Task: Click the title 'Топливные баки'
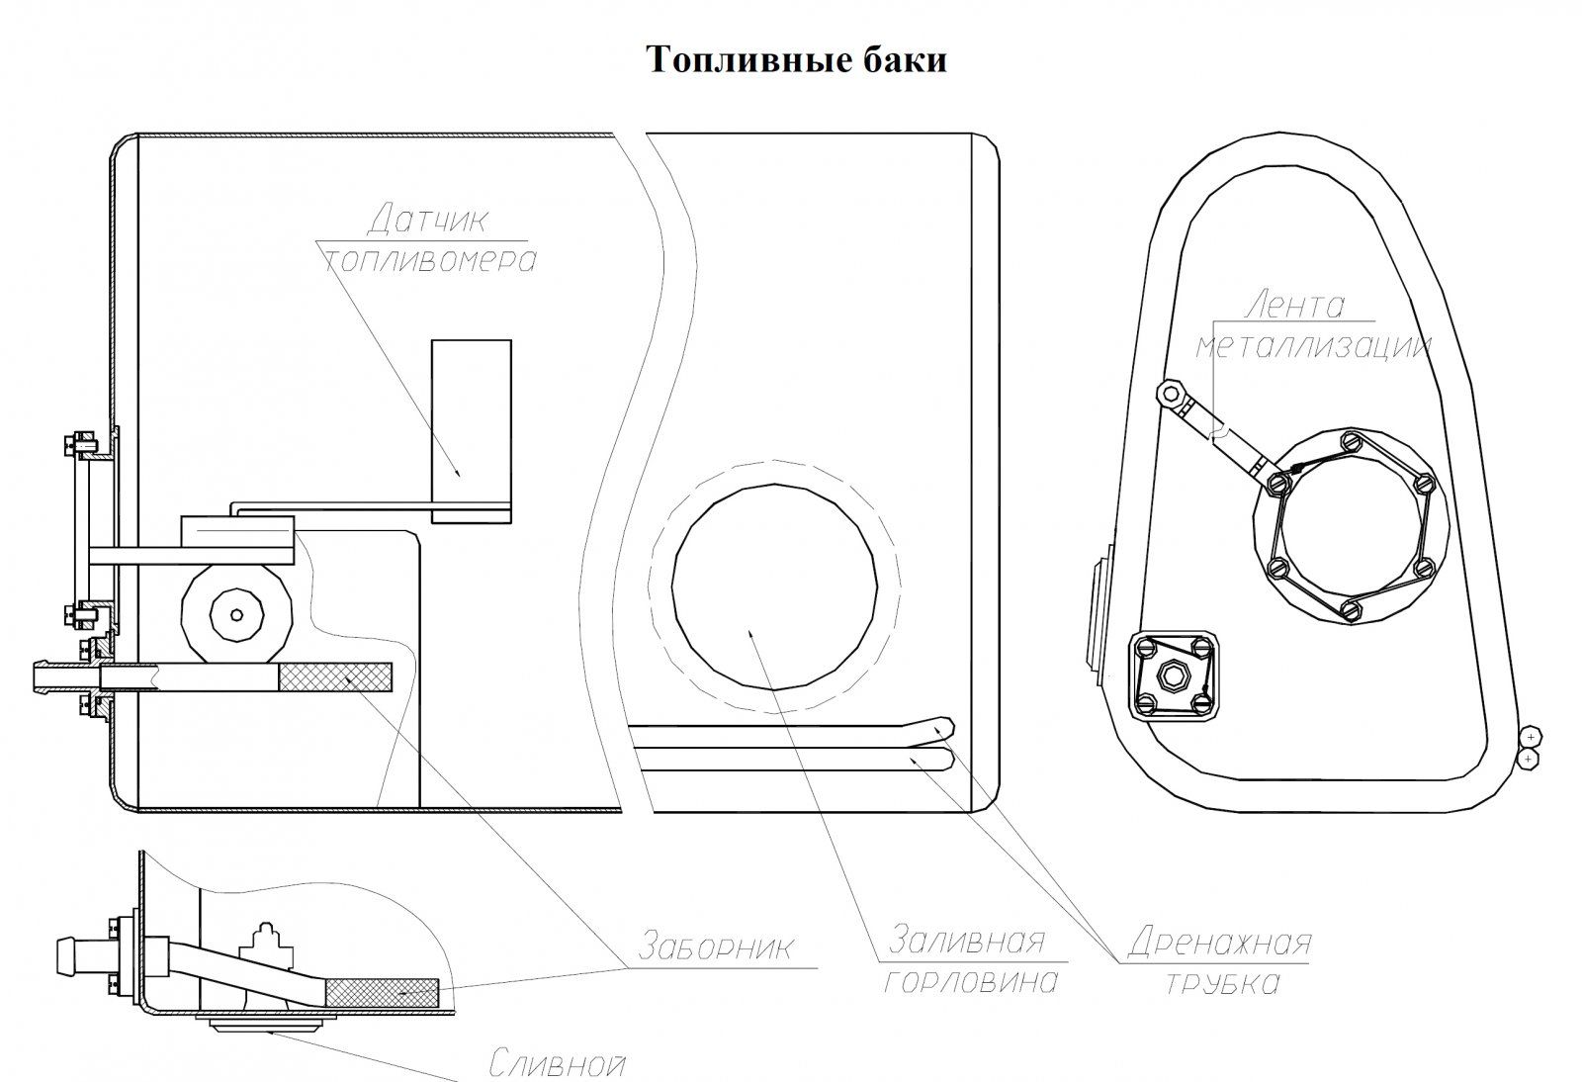pyautogui.click(x=797, y=59)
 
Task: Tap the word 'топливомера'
pyautogui.click(x=431, y=260)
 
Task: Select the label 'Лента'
pyautogui.click(x=1294, y=304)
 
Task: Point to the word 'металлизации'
pyautogui.click(x=1313, y=346)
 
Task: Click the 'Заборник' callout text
pyautogui.click(x=716, y=947)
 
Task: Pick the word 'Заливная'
pyautogui.click(x=966, y=939)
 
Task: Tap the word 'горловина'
pyautogui.click(x=971, y=981)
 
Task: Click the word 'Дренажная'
pyautogui.click(x=1219, y=942)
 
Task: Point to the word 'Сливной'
pyautogui.click(x=559, y=1065)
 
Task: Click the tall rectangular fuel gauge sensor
pyautogui.click(x=471, y=430)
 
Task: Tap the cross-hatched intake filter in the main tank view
pyautogui.click(x=335, y=676)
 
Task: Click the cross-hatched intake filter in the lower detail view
pyautogui.click(x=382, y=991)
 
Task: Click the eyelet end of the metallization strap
pyautogui.click(x=1172, y=394)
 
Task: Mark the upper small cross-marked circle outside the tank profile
pyautogui.click(x=1530, y=737)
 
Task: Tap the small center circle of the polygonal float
pyautogui.click(x=235, y=615)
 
